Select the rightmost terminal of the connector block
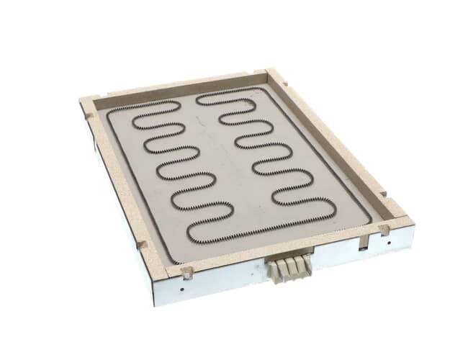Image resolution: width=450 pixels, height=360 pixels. tap(307, 264)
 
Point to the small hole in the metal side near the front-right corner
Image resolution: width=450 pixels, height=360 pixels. tap(390, 243)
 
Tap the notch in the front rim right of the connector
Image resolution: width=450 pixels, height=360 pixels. tap(384, 230)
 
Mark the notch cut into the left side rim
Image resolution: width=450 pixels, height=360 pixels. tap(141, 244)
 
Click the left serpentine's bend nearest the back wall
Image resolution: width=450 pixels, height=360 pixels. tap(177, 106)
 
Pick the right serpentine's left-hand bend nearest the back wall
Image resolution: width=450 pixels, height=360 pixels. tap(198, 99)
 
